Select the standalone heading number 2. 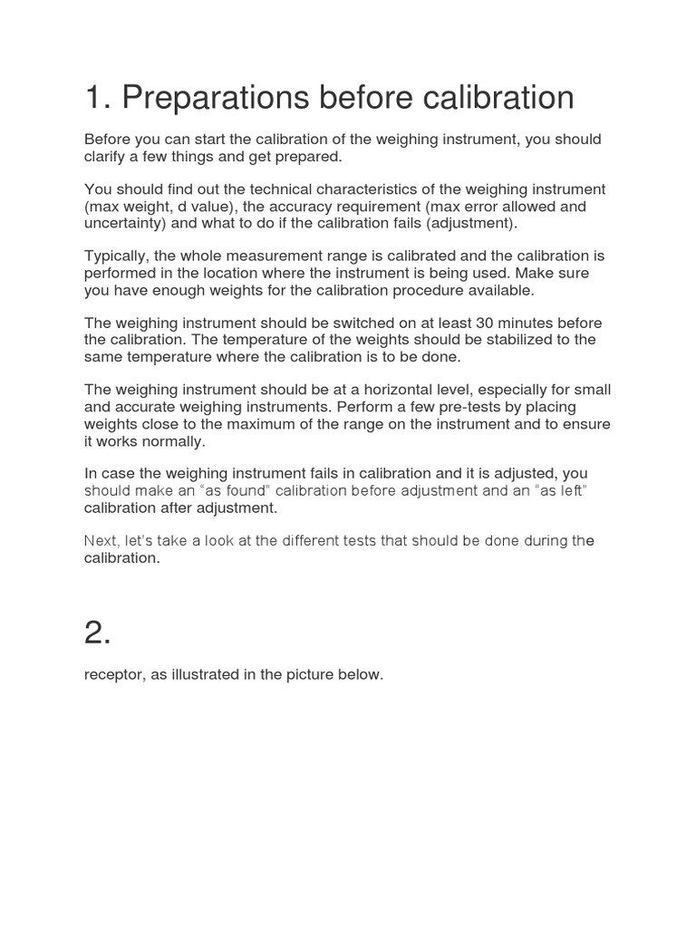click(98, 633)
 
